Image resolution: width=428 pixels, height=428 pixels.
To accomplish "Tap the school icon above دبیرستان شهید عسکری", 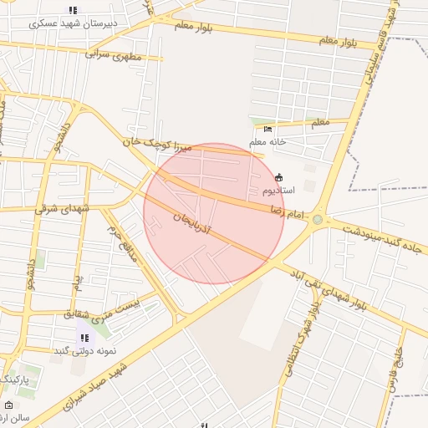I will tap(73, 11).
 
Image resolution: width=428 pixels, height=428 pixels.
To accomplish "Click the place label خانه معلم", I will tap(267, 141).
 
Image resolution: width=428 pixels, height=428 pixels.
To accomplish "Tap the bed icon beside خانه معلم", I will tap(267, 129).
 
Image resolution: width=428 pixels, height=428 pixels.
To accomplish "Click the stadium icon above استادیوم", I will tap(278, 177).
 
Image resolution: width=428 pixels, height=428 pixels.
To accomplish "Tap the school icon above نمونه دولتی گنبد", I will tap(84, 338).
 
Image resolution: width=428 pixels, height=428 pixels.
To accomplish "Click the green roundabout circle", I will tap(318, 220).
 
